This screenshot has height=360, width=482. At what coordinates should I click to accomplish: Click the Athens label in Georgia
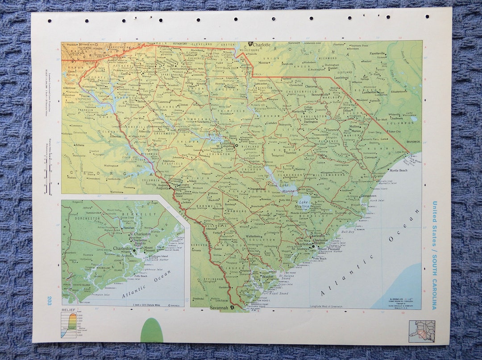[x=80, y=145]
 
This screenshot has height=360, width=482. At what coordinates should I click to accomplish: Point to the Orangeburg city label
[x=257, y=189]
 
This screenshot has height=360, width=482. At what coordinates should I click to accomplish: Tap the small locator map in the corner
[x=422, y=331]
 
